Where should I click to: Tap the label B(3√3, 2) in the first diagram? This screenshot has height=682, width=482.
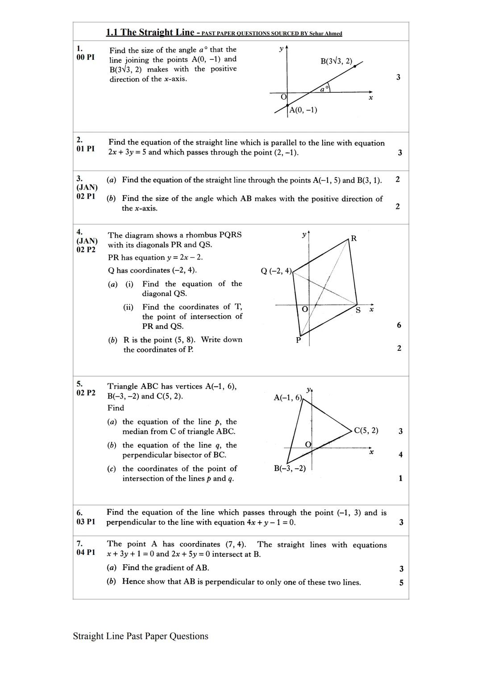[x=336, y=61]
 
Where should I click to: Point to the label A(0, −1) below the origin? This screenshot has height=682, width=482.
[x=303, y=110]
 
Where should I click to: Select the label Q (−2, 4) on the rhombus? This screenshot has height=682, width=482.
[x=276, y=270]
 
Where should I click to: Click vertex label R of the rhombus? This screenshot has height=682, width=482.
[x=353, y=238]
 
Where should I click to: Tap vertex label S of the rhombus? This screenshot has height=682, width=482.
[x=358, y=310]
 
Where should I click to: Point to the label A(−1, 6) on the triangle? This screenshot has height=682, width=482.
[x=288, y=397]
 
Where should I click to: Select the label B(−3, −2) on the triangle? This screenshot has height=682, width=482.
[x=290, y=468]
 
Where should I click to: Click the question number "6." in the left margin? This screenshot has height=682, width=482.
[x=79, y=512]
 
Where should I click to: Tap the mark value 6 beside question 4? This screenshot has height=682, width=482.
[x=399, y=325]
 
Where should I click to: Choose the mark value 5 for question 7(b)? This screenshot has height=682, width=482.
[x=401, y=582]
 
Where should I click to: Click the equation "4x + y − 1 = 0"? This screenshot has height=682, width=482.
[x=270, y=522]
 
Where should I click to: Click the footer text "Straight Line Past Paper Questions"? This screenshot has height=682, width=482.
[x=141, y=636]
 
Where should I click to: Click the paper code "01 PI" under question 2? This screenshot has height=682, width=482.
[x=85, y=149]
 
